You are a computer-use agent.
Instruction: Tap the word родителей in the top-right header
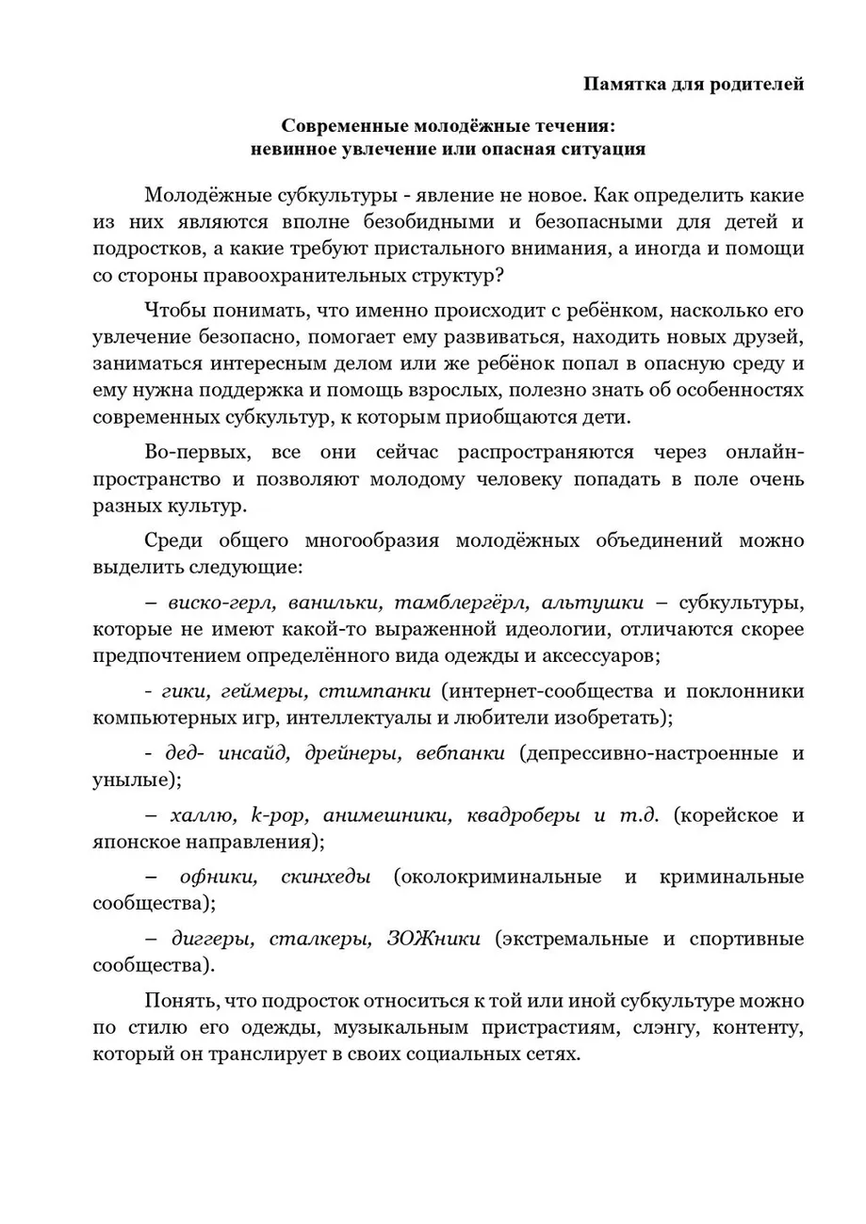[x=752, y=85]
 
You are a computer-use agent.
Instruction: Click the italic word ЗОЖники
[x=434, y=939]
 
